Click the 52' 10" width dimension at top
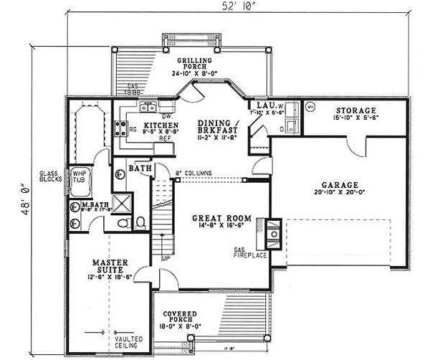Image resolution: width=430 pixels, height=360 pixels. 233,7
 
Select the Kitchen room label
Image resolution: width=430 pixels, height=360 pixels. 157,123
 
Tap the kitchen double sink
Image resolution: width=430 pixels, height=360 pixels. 149,109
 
